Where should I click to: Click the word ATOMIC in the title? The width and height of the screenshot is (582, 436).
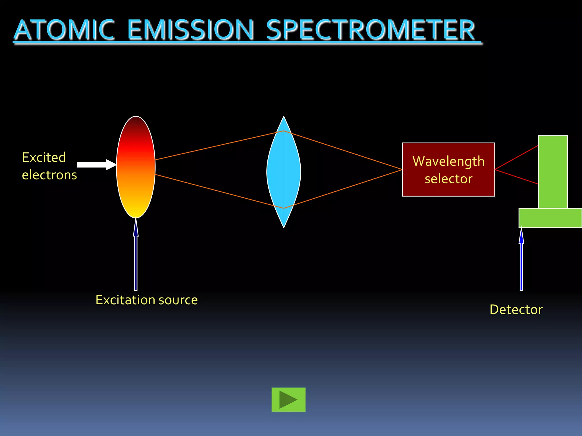click(64, 30)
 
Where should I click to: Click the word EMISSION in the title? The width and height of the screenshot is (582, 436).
click(190, 30)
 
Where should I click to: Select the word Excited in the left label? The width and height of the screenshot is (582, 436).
click(44, 158)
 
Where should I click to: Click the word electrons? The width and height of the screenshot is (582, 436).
click(49, 175)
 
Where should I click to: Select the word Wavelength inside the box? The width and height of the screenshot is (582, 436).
click(448, 161)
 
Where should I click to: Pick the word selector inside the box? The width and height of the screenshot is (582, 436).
click(448, 179)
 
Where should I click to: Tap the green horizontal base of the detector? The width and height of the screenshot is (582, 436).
click(550, 218)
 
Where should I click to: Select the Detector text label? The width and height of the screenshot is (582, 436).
click(516, 309)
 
